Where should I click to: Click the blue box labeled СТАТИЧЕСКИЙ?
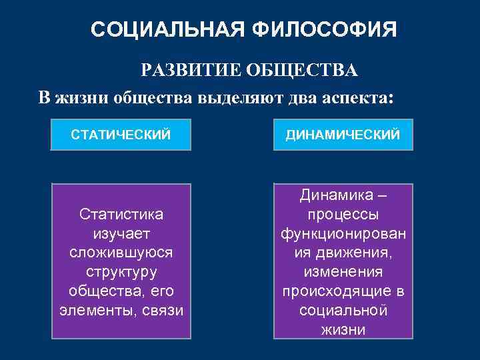click(121, 135)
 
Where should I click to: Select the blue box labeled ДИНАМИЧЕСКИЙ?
click(343, 135)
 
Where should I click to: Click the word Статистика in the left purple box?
click(121, 215)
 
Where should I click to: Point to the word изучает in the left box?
click(121, 234)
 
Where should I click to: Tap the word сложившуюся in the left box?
click(121, 253)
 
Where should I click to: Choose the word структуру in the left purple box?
click(121, 273)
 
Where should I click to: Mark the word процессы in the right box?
click(343, 215)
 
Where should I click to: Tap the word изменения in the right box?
click(343, 273)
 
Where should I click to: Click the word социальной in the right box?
click(343, 311)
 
